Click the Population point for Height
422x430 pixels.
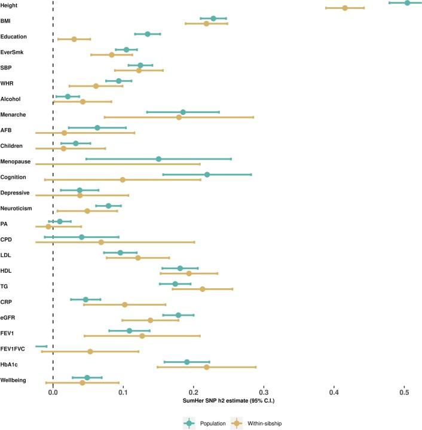[x=407, y=2]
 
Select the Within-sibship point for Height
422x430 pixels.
[x=345, y=8]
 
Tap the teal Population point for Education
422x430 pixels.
[x=148, y=34]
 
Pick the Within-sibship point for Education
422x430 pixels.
[x=74, y=39]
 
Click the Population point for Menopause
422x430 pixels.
[x=158, y=158]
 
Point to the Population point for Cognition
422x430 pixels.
[x=207, y=175]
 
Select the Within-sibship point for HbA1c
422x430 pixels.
[x=206, y=367]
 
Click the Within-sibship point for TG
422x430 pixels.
[x=202, y=289]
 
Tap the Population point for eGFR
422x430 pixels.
[x=178, y=315]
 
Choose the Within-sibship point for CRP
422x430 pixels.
[x=124, y=304]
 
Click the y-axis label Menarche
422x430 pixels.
[x=14, y=114]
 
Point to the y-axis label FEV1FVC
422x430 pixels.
[x=13, y=349]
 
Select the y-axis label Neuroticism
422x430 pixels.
[x=17, y=208]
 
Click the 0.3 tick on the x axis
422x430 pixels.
[x=264, y=391]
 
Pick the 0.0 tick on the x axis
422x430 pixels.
[x=53, y=391]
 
